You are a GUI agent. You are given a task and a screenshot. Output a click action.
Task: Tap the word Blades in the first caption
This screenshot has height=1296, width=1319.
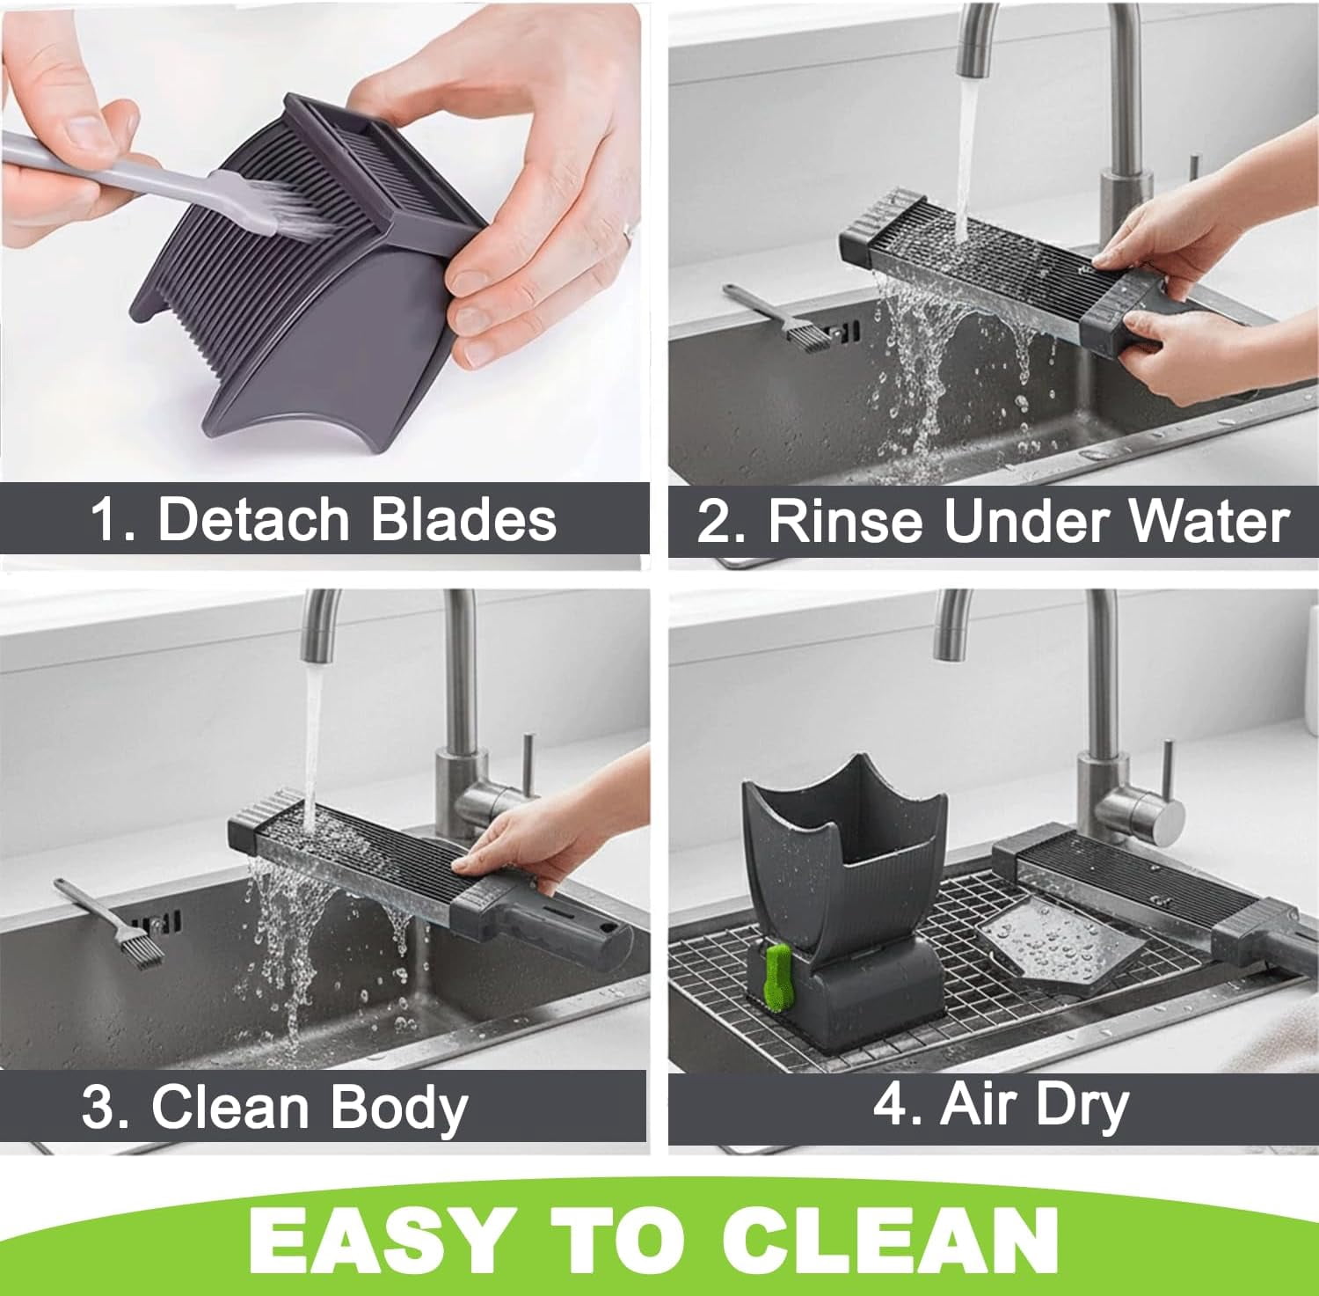[x=463, y=518]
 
